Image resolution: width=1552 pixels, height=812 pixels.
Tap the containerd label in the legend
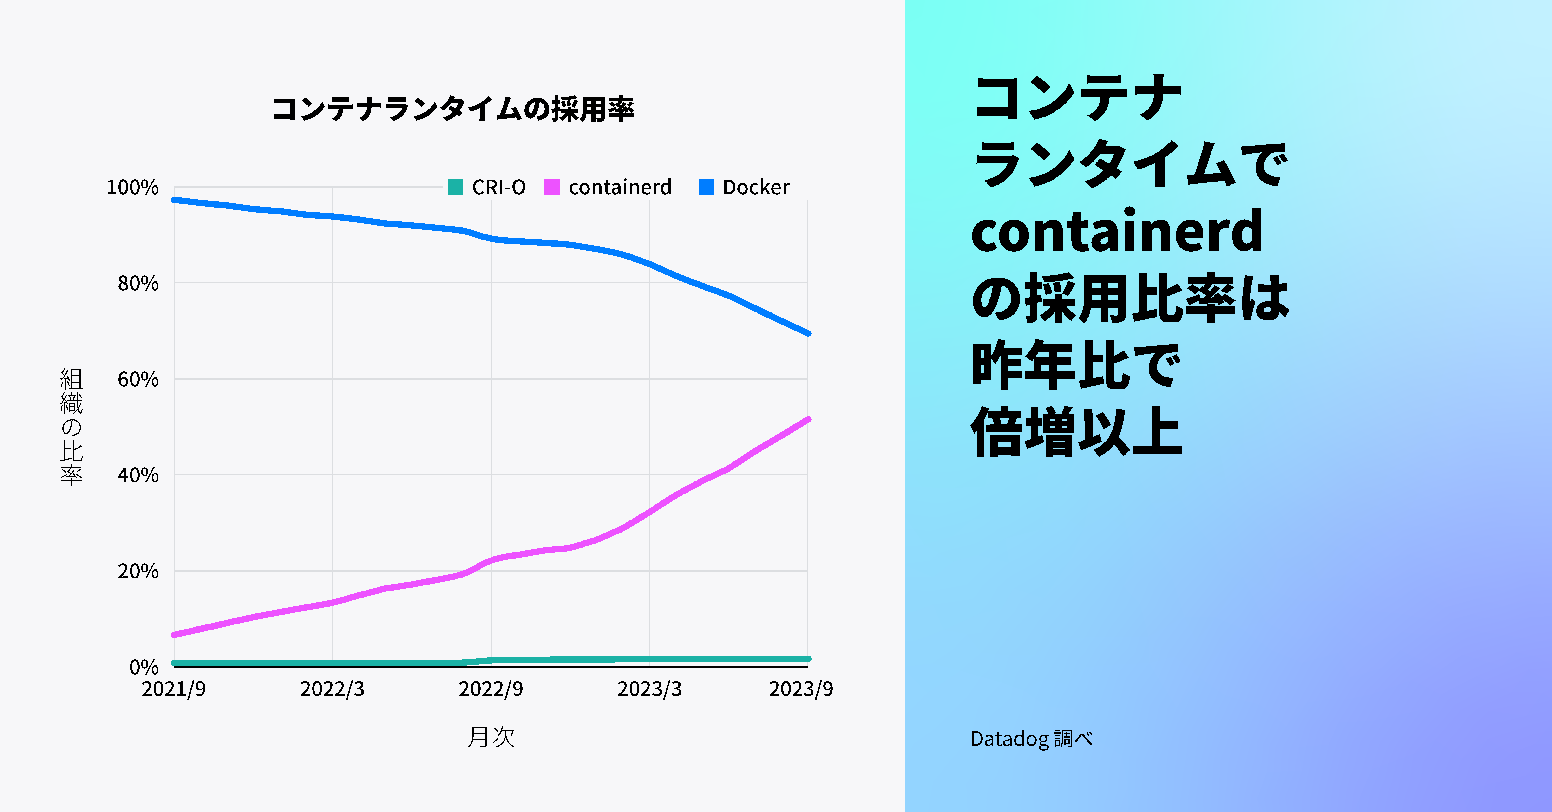[619, 187]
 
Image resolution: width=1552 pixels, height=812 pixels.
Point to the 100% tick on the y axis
[132, 187]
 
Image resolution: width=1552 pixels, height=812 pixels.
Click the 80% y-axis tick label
[138, 283]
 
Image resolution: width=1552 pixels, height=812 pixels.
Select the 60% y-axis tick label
[138, 379]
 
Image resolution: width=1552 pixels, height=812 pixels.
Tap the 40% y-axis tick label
[138, 475]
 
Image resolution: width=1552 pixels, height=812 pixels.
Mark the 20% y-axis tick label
[138, 571]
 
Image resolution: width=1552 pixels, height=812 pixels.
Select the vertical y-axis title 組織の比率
[71, 427]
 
